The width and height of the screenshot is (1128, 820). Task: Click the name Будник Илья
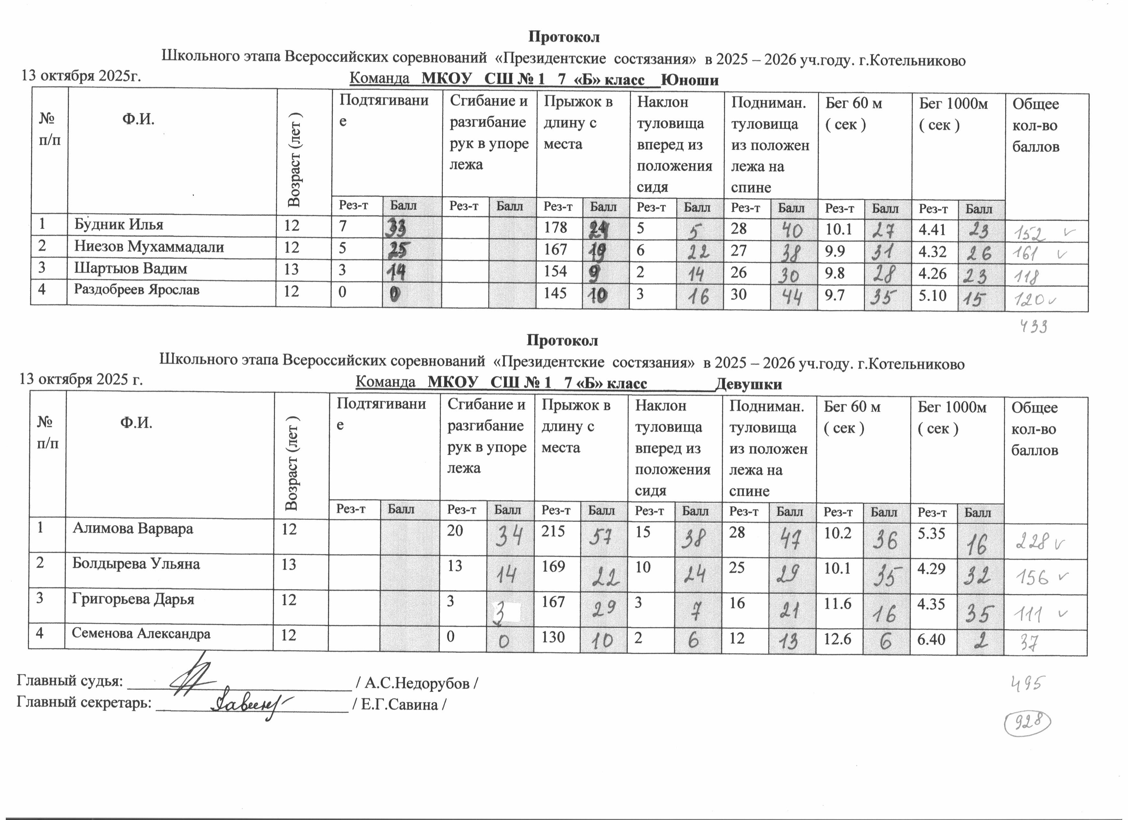[x=119, y=225]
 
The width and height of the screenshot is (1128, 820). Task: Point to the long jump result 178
[x=556, y=227]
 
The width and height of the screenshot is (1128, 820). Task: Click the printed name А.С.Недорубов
[x=418, y=684]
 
